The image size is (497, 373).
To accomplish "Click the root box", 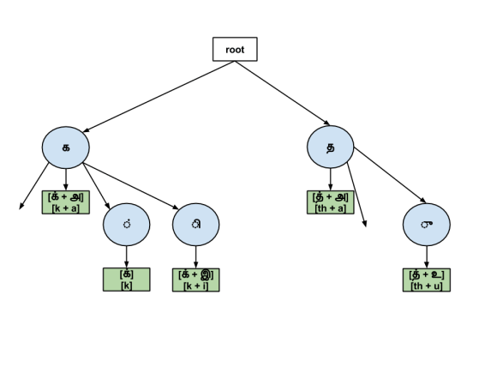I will (x=235, y=50).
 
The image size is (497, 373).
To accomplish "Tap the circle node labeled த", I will (x=330, y=147).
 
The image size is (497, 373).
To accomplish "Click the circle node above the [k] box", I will (x=127, y=226).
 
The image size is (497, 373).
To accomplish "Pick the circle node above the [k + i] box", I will (x=196, y=226).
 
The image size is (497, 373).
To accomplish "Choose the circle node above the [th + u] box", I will (x=427, y=226).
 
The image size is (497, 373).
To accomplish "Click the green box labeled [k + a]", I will (x=66, y=202).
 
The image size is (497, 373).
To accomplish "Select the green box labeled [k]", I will (x=126, y=280).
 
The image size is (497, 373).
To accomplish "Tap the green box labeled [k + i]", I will (x=196, y=280).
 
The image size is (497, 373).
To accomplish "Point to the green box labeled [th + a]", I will (x=330, y=202).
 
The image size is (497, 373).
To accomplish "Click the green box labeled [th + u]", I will (x=427, y=280).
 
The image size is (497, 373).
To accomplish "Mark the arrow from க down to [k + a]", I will (x=66, y=179).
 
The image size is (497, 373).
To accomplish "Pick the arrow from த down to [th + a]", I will (x=330, y=179).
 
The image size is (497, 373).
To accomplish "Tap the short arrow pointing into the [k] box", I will (x=127, y=257).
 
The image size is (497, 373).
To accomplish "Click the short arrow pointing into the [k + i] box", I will (x=196, y=257).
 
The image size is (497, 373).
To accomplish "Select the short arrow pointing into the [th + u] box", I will (x=427, y=257).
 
